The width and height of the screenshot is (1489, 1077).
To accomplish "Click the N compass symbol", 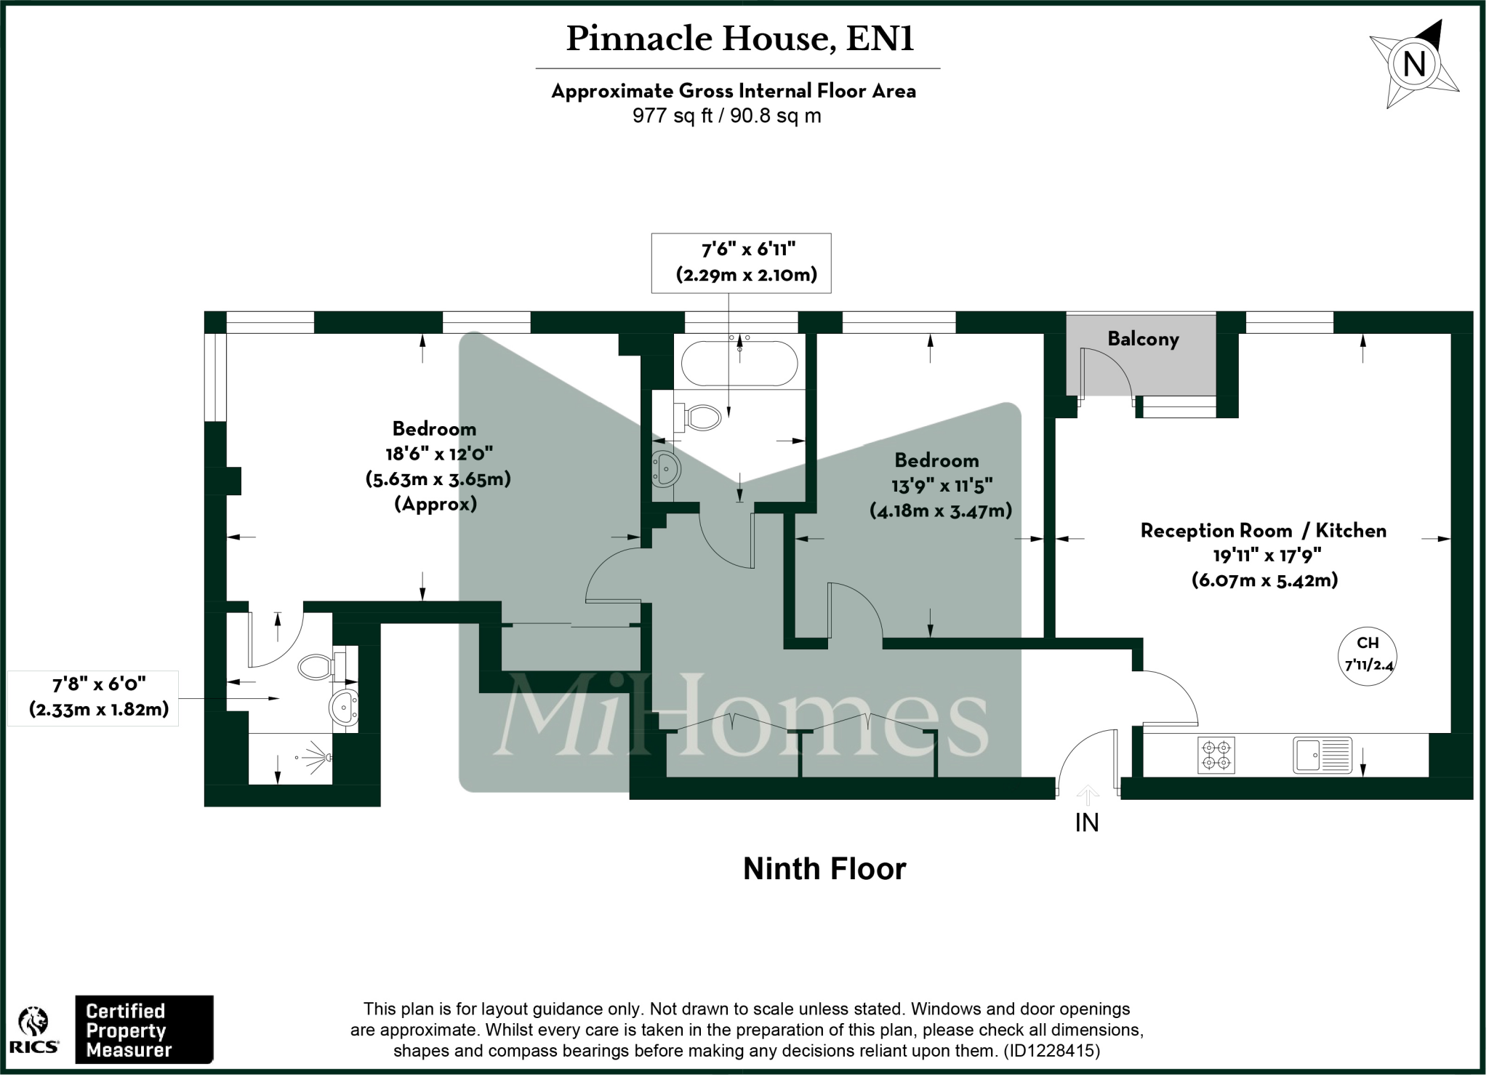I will pyautogui.click(x=1413, y=65).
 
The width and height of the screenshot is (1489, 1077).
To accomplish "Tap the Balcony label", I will pyautogui.click(x=1143, y=339).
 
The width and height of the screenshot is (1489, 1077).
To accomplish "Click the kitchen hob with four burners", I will pyautogui.click(x=1216, y=755).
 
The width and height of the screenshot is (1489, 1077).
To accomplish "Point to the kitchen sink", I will pyautogui.click(x=1322, y=755).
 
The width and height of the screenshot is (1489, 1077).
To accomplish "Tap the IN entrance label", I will pyautogui.click(x=1087, y=822).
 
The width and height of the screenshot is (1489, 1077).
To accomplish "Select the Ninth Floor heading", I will pyautogui.click(x=824, y=869).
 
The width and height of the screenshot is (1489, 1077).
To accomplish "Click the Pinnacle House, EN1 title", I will pyautogui.click(x=739, y=39).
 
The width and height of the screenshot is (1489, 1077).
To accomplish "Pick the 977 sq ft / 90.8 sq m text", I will pyautogui.click(x=727, y=116).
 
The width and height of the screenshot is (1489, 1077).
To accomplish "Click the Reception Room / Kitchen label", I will pyautogui.click(x=1263, y=531).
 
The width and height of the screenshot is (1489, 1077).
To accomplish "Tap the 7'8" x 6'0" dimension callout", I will pyautogui.click(x=99, y=697).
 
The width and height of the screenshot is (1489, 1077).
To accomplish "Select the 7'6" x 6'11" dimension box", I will pyautogui.click(x=742, y=263).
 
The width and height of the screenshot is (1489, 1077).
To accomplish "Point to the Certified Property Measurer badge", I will pyautogui.click(x=144, y=1030).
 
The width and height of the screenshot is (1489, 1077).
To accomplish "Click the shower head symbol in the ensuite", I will pyautogui.click(x=318, y=757).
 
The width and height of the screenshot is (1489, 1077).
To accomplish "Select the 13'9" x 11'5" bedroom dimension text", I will pyautogui.click(x=942, y=485).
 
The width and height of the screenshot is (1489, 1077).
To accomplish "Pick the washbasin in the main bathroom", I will pyautogui.click(x=665, y=469).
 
